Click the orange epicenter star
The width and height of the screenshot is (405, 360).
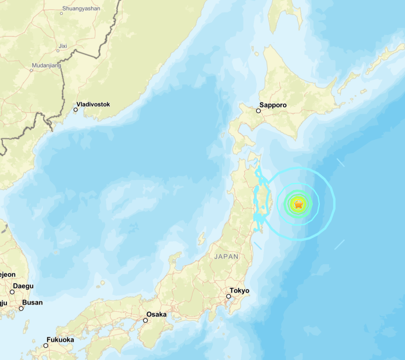tap(298, 204)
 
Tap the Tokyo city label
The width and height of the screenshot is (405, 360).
tap(239, 291)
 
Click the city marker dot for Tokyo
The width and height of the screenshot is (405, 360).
tap(229, 296)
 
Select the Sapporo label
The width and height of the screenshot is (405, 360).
tap(274, 105)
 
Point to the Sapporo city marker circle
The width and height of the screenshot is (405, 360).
tap(258, 111)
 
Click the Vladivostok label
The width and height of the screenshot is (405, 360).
tap(93, 104)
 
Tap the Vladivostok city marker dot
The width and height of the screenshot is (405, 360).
tap(75, 110)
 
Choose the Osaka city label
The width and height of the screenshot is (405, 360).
tap(156, 314)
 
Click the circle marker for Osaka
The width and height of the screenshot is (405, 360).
tap(146, 320)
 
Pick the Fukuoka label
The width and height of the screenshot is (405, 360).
tap(60, 340)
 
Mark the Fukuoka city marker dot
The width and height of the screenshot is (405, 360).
tap(46, 345)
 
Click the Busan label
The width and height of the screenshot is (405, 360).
tap(32, 302)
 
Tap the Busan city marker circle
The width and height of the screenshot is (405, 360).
tap(21, 308)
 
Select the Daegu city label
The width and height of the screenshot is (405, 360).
tap(23, 286)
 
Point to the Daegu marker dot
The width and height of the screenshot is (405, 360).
tap(12, 292)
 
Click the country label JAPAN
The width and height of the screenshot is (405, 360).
tap(227, 257)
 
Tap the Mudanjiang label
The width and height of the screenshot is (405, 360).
tap(47, 65)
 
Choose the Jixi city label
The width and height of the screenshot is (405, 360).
tap(62, 46)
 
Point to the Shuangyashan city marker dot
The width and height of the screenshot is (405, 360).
tap(61, 14)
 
